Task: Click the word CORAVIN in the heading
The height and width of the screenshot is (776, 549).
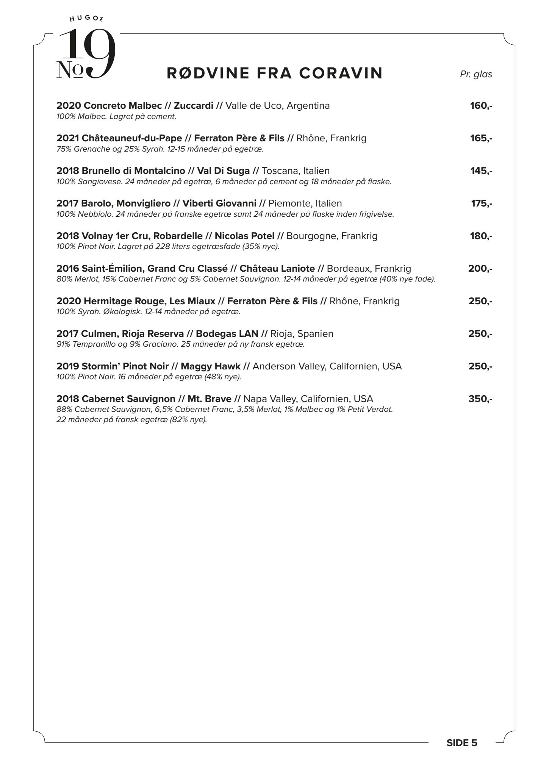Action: (x=341, y=73)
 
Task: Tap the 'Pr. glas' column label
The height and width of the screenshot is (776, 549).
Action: (x=476, y=74)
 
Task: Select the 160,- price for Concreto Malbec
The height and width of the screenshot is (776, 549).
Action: (x=481, y=106)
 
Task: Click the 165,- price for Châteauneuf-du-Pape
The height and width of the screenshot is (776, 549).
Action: (x=481, y=138)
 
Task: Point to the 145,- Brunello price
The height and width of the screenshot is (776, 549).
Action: (x=481, y=171)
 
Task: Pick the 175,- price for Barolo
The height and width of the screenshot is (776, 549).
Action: (x=481, y=203)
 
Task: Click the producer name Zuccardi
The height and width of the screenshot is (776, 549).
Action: (x=193, y=106)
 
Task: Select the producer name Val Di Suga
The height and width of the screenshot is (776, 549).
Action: (x=223, y=171)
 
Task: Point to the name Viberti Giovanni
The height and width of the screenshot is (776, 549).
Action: (x=219, y=203)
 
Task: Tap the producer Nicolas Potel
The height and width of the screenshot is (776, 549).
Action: (x=244, y=236)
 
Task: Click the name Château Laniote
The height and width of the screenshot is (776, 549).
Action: (x=277, y=269)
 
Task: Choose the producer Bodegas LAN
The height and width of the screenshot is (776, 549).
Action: (x=227, y=334)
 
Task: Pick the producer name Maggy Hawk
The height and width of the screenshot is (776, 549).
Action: (x=210, y=366)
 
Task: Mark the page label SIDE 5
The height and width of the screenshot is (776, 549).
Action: (x=462, y=754)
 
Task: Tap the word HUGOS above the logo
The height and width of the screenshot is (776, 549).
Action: (x=87, y=18)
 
